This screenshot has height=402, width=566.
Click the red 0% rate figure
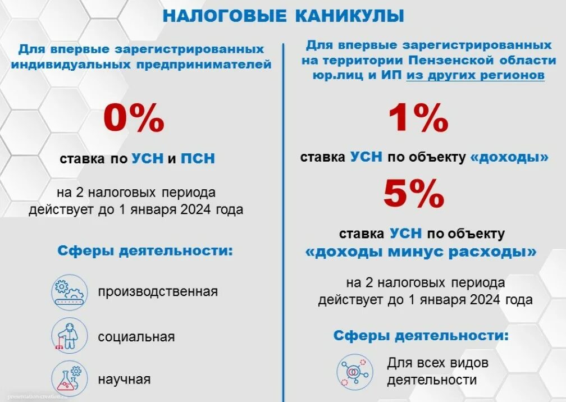[134, 120]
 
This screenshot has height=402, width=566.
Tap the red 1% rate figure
[419, 120]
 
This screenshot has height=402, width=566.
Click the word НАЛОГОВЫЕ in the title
[224, 16]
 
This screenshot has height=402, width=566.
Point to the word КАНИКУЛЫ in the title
[350, 16]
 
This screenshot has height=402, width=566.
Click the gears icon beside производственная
[69, 292]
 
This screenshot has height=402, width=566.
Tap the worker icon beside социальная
[69, 336]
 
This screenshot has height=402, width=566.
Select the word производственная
[157, 292]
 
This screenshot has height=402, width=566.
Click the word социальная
[136, 337]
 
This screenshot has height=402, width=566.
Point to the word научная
[124, 380]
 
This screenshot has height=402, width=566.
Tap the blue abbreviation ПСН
[198, 159]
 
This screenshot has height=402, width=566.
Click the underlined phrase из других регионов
[475, 75]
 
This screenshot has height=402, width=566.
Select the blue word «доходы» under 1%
[510, 158]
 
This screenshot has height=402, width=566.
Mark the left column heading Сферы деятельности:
[145, 250]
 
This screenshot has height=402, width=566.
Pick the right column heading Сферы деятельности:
[421, 336]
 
